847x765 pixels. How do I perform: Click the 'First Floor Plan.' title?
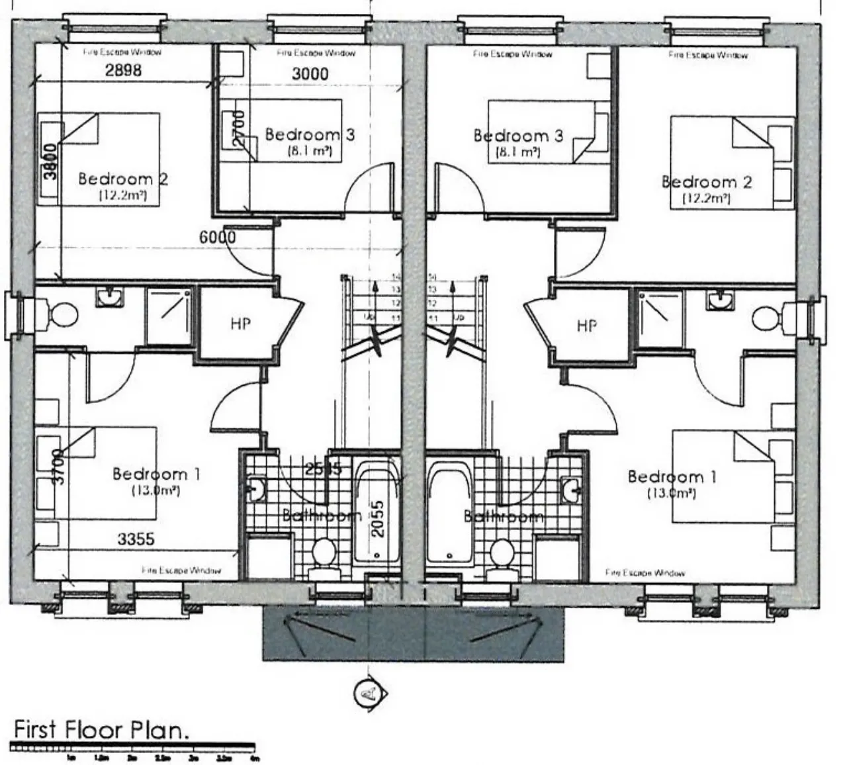(x=101, y=730)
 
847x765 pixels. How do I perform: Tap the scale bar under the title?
(x=132, y=748)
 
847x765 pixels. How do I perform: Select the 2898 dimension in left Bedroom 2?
(x=124, y=69)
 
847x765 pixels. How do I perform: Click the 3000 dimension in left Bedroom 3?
(x=310, y=73)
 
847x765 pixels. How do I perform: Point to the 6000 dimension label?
(x=218, y=236)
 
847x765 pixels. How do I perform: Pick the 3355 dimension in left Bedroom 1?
(x=136, y=539)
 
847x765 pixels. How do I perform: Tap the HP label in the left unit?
(x=240, y=324)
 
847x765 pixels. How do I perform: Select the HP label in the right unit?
(x=586, y=326)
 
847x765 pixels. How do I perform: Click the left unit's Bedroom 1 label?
(x=156, y=474)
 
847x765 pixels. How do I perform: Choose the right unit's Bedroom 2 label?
(x=706, y=182)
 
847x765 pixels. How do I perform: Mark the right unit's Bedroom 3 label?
(x=518, y=136)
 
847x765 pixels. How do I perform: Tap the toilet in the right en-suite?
(x=768, y=316)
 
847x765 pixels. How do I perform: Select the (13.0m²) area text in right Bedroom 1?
(x=670, y=493)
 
